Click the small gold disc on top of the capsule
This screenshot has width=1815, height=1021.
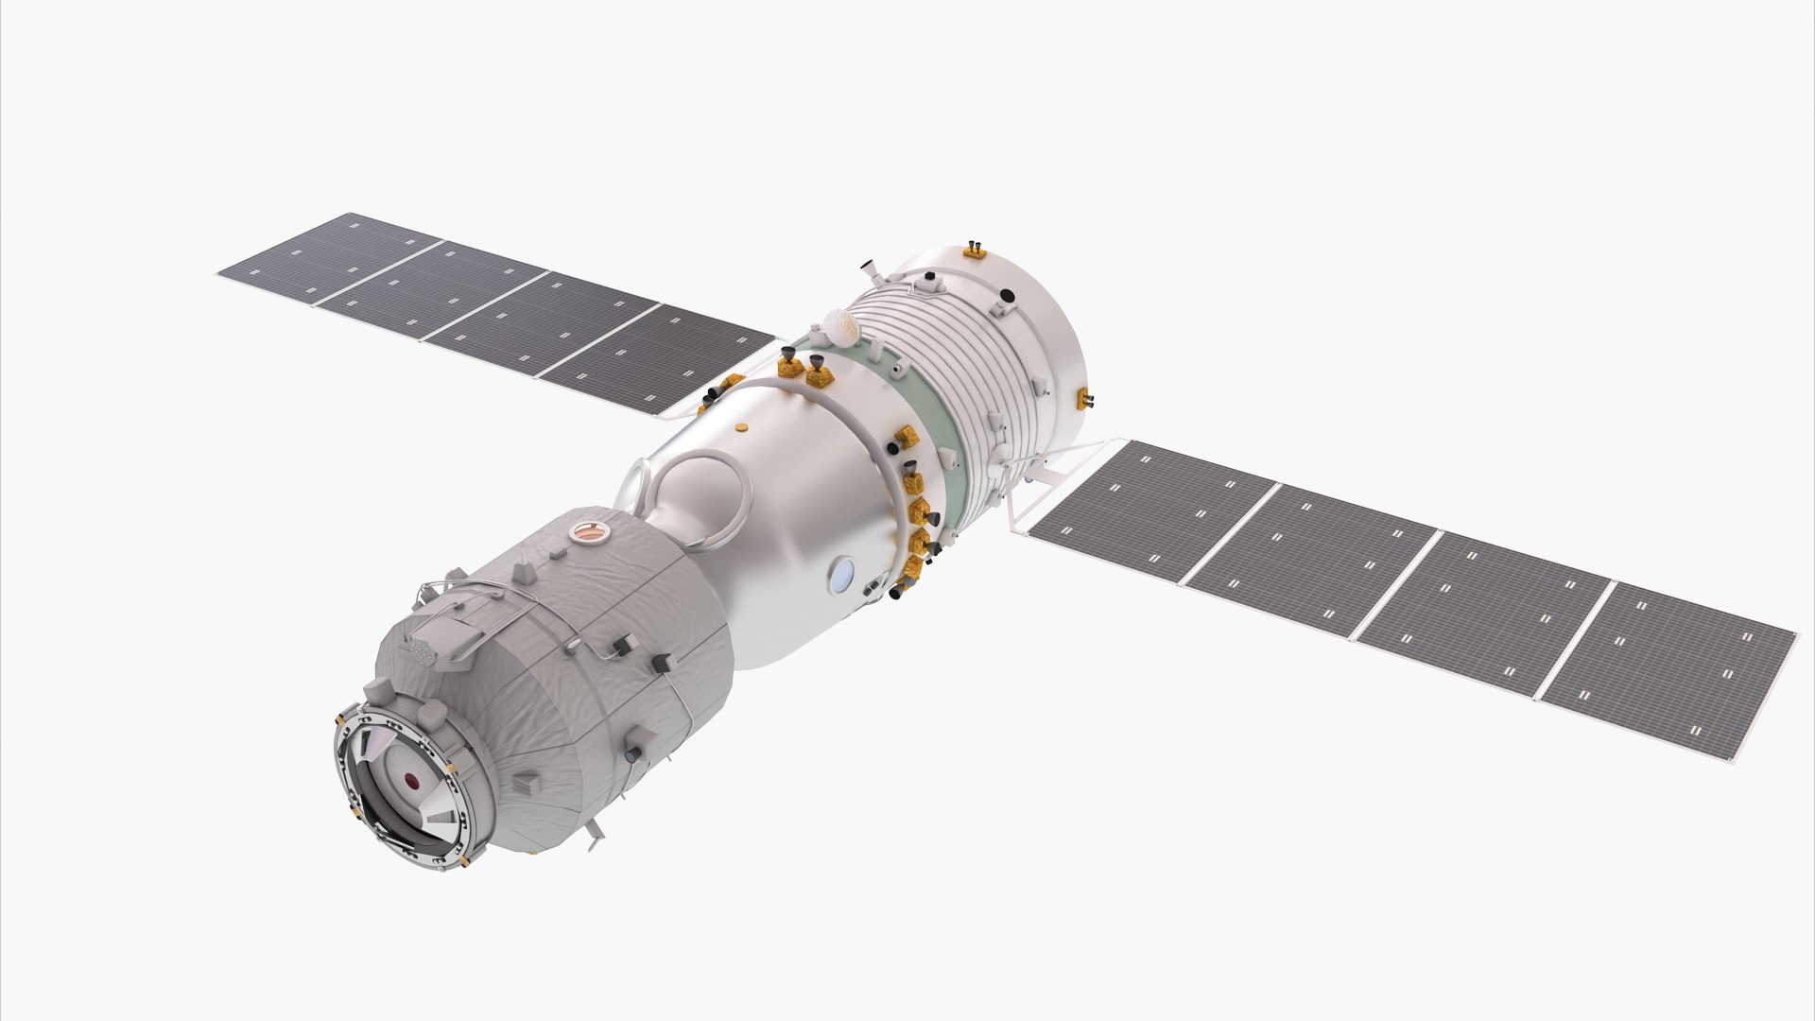coord(743,426)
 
